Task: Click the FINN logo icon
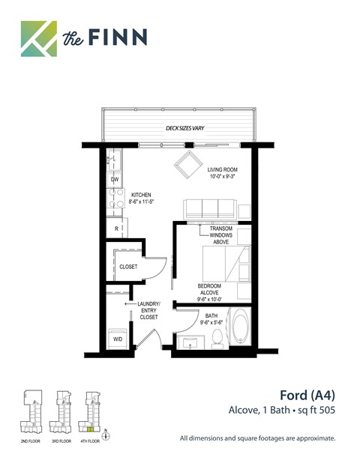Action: pos(38,38)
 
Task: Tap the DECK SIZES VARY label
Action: pos(184,128)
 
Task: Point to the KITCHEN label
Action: pos(142,197)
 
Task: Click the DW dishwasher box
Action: pos(115,180)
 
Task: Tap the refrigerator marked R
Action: pos(116,228)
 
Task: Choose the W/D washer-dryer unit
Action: pos(118,337)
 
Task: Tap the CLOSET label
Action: pos(128,266)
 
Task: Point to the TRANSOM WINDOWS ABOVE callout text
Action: pos(221,235)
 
